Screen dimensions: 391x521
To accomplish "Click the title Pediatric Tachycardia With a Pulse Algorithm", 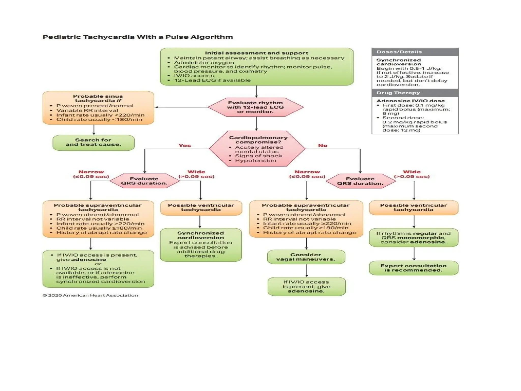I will (138, 37).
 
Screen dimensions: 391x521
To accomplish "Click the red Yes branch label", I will (185, 145).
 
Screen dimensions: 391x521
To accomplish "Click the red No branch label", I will (323, 145).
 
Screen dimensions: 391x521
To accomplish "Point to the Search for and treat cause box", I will (93, 143).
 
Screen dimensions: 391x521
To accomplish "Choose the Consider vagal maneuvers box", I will (306, 257).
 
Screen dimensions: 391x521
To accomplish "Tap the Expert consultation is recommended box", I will (413, 268).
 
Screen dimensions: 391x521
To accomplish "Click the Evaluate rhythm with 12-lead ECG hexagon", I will (255, 107).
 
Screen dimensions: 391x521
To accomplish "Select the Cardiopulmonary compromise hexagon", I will (257, 149).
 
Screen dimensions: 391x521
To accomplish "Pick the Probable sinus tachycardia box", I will (98, 108).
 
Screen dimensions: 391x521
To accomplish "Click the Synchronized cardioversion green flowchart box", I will (201, 245).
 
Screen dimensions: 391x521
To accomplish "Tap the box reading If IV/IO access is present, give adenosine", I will (306, 286).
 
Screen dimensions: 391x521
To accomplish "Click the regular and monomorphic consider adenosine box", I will (413, 238).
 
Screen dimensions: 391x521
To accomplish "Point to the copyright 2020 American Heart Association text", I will (90, 295).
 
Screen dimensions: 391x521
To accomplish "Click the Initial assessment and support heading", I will (256, 53).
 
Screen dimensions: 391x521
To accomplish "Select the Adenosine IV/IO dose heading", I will (411, 101).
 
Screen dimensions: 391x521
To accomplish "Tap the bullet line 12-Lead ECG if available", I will (212, 80).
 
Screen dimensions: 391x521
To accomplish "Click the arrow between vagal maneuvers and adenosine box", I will (307, 271).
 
